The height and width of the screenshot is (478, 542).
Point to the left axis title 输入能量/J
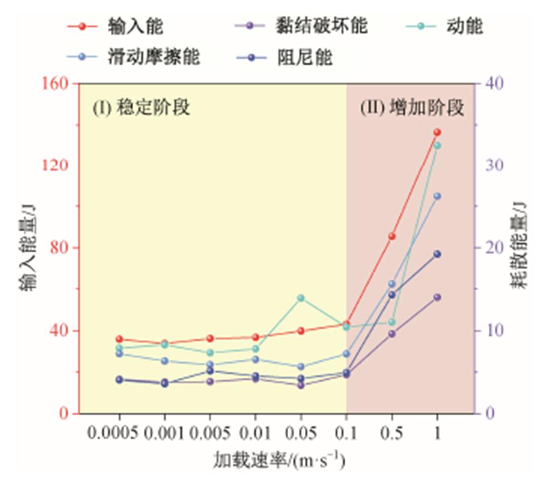click(27, 248)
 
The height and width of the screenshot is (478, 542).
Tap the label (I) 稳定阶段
click(141, 107)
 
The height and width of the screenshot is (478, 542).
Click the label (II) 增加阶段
click(412, 107)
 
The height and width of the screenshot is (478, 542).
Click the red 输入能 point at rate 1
click(437, 132)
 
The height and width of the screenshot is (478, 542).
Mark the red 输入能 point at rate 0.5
click(392, 236)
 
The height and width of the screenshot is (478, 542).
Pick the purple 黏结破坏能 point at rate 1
click(437, 297)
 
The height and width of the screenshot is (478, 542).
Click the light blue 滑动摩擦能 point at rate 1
click(437, 196)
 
